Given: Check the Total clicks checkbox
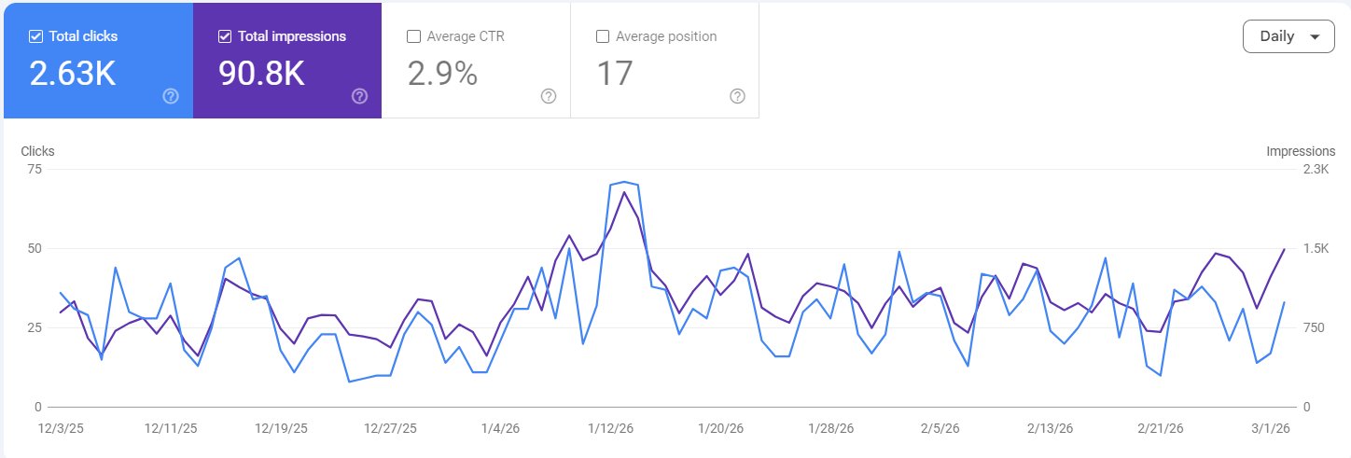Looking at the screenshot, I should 36,37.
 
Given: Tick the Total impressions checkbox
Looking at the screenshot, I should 225,37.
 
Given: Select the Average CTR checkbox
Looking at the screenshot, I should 414,37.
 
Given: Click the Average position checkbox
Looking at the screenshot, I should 603,37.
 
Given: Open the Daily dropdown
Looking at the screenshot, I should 1288,36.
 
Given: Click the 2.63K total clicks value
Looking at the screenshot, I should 73,74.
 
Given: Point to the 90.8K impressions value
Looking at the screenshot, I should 261,74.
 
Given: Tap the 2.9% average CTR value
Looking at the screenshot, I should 443,74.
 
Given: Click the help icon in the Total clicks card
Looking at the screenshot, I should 171,96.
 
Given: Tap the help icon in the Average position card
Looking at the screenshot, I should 737,96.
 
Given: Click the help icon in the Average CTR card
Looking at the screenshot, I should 549,96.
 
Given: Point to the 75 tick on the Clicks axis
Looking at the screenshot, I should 35,169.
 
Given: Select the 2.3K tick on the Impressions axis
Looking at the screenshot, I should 1315,169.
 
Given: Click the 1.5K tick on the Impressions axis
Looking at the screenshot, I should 1315,248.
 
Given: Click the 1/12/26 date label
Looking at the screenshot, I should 610,428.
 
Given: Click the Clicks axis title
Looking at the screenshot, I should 37,151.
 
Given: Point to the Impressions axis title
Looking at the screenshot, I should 1301,151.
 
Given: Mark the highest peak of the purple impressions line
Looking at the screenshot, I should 623,192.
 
